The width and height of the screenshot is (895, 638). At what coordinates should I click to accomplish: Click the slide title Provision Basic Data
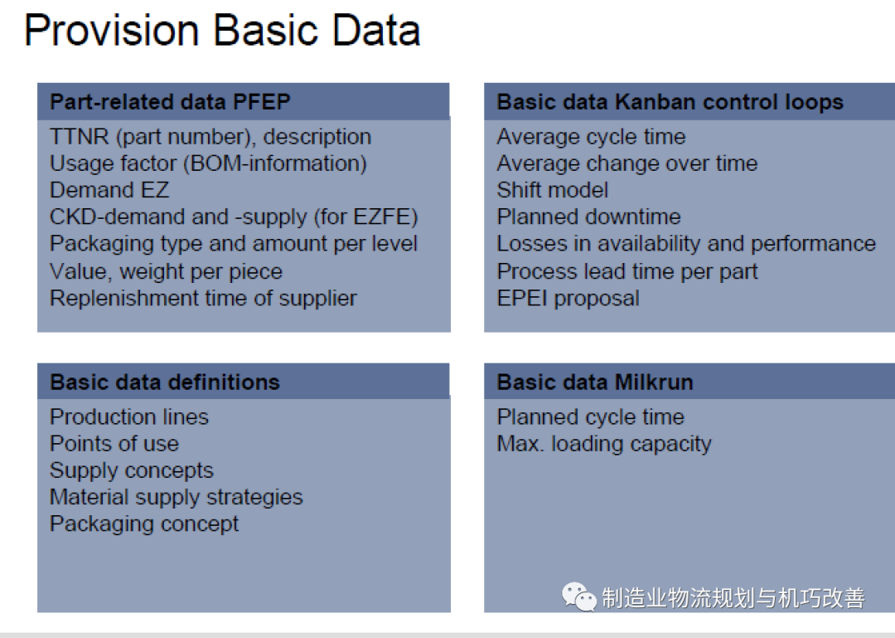tap(222, 31)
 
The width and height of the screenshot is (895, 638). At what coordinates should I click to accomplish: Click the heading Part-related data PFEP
tap(170, 102)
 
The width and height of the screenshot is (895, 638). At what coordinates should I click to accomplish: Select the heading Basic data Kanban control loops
tap(670, 102)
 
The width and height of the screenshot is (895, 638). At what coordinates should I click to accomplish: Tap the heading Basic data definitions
tap(165, 382)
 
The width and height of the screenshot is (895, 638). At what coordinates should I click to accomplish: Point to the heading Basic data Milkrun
tap(594, 382)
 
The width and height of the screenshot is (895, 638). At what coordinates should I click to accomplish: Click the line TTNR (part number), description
tap(210, 137)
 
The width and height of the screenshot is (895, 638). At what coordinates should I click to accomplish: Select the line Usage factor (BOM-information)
tap(208, 163)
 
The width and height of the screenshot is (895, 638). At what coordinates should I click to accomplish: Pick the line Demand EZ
tap(109, 190)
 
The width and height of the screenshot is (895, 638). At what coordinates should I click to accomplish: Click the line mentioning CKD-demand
tap(234, 217)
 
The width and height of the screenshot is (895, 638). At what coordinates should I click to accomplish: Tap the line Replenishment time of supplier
tap(203, 298)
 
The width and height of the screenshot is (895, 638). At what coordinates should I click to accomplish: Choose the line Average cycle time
tap(591, 137)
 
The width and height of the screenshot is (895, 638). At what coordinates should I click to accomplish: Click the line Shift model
tap(553, 190)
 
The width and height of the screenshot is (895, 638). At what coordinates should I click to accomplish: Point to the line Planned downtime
tap(588, 217)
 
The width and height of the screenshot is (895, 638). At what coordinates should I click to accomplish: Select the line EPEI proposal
tap(568, 298)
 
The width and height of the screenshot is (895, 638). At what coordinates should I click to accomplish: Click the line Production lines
tap(129, 417)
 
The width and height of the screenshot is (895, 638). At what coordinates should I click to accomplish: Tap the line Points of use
tap(114, 444)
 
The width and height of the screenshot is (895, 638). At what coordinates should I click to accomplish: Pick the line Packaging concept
tap(144, 524)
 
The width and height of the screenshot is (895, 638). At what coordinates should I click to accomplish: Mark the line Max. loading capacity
tap(604, 444)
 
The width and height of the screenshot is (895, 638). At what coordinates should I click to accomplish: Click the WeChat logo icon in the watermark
tap(579, 596)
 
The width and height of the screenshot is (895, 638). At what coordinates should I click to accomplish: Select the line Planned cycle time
tap(590, 417)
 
